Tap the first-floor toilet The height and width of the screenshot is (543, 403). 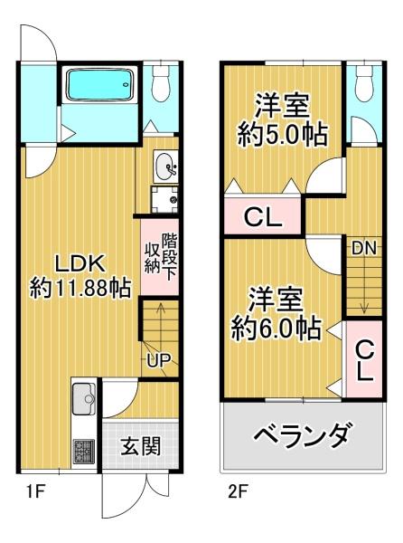pos(162,83)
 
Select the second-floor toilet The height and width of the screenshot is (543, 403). pos(366,83)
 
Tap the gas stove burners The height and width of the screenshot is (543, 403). pos(85,450)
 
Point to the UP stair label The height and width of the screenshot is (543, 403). pos(159,359)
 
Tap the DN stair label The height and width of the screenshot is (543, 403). pos(364,247)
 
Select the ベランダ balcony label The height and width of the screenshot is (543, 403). pos(300,438)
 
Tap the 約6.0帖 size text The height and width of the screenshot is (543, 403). pos(276,326)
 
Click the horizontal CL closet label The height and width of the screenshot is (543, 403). pos(265,218)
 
